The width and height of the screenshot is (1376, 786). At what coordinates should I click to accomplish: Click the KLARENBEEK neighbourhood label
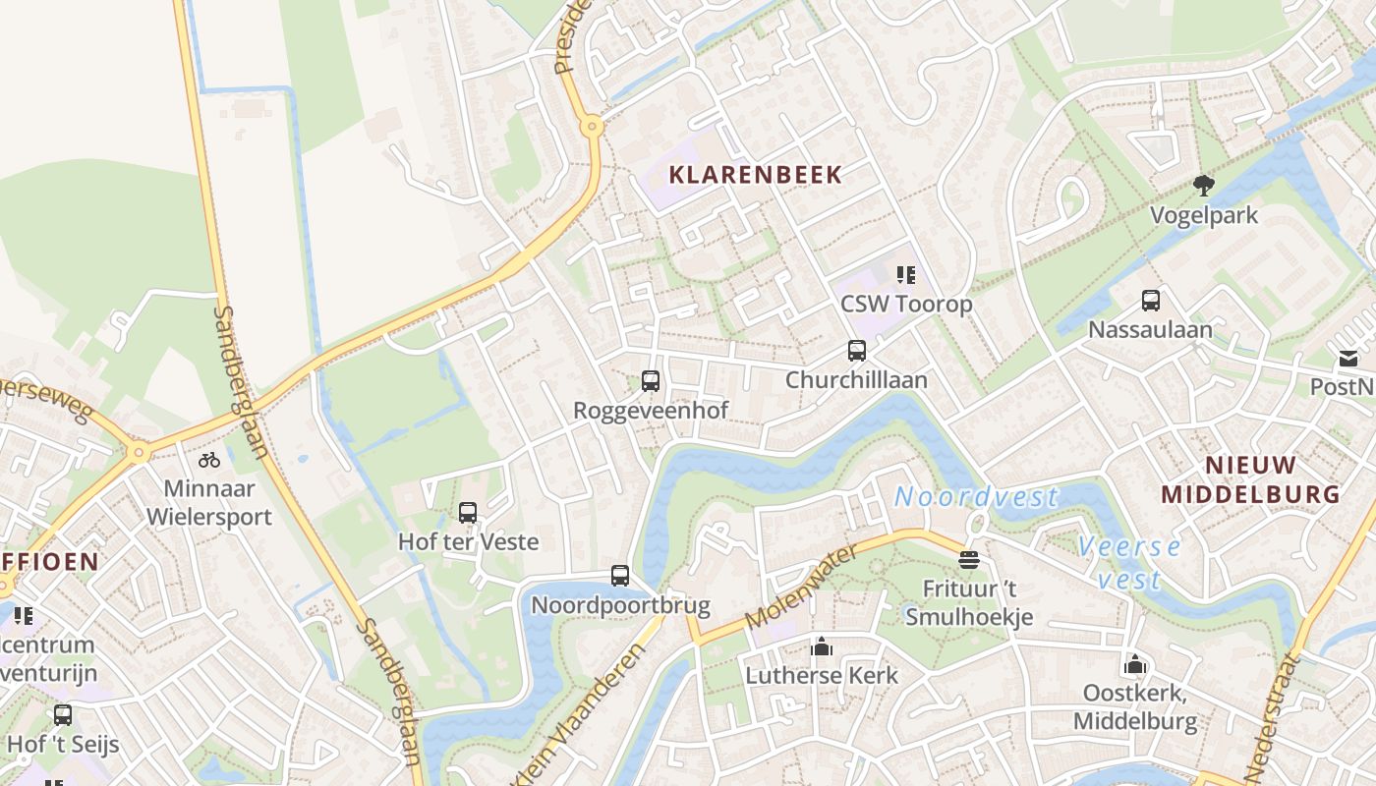[x=755, y=176]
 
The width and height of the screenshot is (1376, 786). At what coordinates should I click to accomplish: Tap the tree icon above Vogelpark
[x=1203, y=186]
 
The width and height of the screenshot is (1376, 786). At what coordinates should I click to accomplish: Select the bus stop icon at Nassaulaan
[x=1150, y=301]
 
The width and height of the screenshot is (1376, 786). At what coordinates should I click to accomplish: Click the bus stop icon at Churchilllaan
[x=856, y=351]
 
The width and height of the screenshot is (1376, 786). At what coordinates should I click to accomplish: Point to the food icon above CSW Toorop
[x=906, y=275]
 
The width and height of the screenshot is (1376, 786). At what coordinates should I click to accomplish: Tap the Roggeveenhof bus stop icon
[x=650, y=381]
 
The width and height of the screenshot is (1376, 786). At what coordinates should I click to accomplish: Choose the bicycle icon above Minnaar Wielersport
[x=209, y=459]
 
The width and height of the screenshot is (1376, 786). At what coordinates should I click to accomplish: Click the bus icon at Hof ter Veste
[x=468, y=512]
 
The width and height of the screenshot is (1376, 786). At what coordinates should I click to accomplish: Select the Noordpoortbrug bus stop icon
[x=619, y=576]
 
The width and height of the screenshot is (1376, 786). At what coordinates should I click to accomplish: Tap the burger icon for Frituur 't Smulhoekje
[x=969, y=560]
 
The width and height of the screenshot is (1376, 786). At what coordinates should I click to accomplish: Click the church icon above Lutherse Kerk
[x=822, y=646]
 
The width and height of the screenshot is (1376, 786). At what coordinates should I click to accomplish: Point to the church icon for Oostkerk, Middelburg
[x=1135, y=664]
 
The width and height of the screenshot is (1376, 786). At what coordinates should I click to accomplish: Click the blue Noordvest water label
[x=976, y=497]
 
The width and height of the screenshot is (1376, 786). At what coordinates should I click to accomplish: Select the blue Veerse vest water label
[x=1129, y=562]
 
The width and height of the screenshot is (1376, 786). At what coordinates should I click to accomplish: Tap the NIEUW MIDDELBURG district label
[x=1250, y=479]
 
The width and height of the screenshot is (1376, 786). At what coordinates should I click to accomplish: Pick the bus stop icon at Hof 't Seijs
[x=63, y=715]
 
